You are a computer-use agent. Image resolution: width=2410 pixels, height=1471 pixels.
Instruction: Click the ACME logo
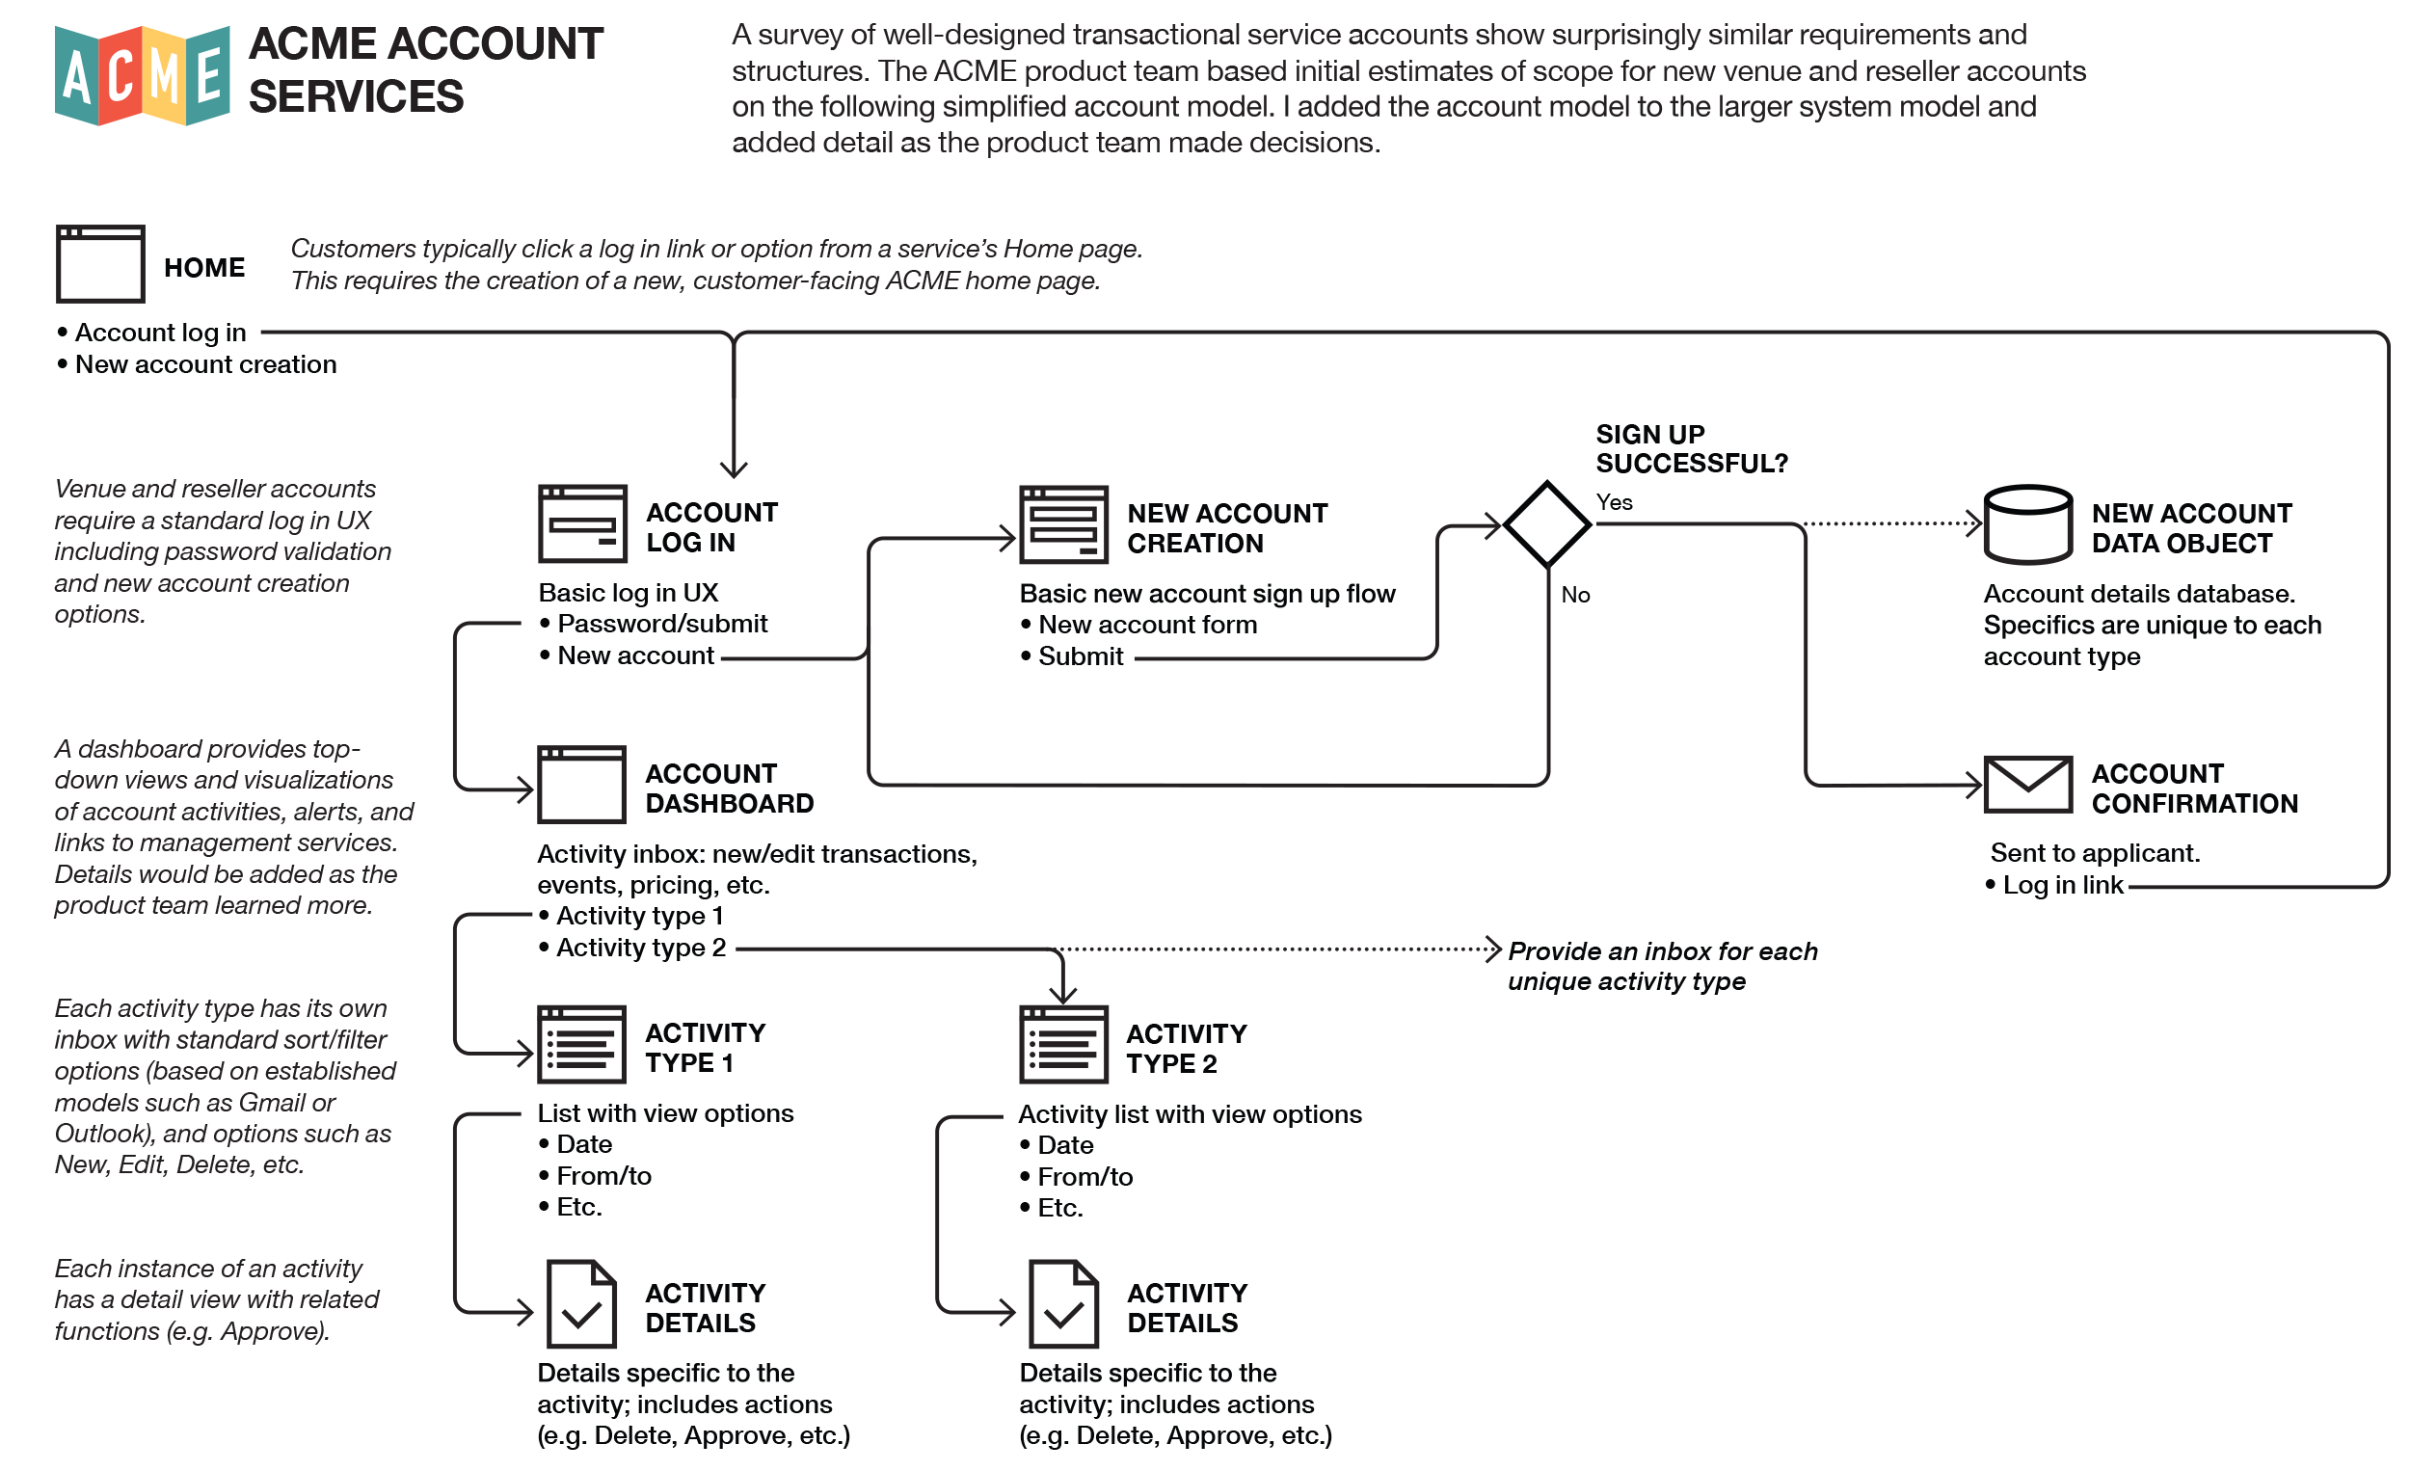point(143,75)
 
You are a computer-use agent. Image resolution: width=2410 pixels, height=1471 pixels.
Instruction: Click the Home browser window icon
point(101,264)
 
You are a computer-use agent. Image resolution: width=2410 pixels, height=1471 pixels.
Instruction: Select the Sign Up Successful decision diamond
point(1546,524)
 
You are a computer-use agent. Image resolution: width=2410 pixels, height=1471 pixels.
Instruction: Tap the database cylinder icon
point(2027,525)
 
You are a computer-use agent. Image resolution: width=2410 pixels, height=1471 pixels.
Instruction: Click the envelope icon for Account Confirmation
point(2027,785)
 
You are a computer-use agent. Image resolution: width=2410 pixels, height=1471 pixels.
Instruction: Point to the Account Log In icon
point(583,524)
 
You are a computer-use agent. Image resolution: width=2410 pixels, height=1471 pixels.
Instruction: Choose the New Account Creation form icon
point(1063,525)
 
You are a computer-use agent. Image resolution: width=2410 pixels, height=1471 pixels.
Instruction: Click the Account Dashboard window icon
point(582,785)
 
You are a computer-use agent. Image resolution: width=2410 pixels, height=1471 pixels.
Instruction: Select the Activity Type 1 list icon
point(582,1045)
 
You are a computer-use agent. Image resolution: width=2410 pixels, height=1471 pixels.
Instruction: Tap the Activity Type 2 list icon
point(1063,1046)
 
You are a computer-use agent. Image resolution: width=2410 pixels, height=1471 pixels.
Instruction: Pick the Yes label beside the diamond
point(1614,503)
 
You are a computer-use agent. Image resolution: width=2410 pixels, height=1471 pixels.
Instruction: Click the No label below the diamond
point(1575,595)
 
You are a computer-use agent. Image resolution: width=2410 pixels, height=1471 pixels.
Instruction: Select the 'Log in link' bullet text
point(2062,885)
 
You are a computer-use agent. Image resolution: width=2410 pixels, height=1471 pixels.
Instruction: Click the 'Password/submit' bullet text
point(662,624)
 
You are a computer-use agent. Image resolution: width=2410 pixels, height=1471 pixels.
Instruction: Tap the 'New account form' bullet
point(1146,625)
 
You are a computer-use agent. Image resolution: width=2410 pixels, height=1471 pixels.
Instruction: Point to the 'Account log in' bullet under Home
point(160,333)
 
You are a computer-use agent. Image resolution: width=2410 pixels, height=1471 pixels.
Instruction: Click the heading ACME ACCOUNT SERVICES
point(425,70)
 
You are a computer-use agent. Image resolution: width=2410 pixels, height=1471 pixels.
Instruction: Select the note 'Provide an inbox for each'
point(1662,951)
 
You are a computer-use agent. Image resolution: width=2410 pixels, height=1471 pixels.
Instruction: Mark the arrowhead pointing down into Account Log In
point(734,469)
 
